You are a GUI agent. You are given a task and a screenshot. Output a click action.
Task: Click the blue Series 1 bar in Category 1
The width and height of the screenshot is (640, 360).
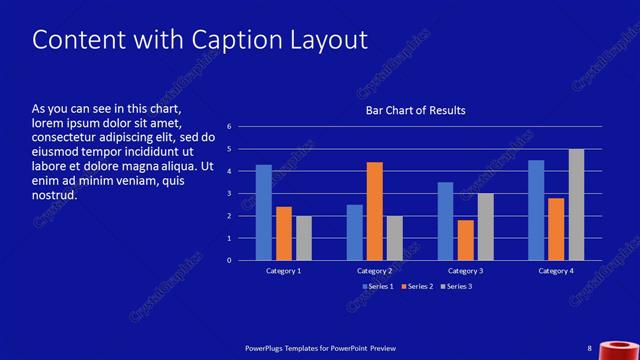pyautogui.click(x=264, y=212)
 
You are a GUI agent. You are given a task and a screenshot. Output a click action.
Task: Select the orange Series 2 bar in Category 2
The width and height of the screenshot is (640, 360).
pyautogui.click(x=375, y=211)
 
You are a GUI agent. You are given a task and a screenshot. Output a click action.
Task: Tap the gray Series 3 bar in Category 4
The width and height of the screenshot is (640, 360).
pyautogui.click(x=576, y=204)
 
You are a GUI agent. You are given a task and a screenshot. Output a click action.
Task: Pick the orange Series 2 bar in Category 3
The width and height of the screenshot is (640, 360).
pyautogui.click(x=465, y=240)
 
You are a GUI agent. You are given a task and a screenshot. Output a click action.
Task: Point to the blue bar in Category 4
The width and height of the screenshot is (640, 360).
pyautogui.click(x=536, y=210)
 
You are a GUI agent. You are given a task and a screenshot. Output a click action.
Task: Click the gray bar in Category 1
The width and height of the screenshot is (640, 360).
pyautogui.click(x=304, y=238)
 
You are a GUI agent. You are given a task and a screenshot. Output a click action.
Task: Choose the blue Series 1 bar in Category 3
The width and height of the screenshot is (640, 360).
pyautogui.click(x=445, y=221)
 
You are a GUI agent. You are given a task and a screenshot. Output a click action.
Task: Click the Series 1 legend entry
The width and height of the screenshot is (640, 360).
pyautogui.click(x=379, y=287)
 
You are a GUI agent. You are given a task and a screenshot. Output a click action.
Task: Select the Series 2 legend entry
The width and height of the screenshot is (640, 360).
pyautogui.click(x=419, y=287)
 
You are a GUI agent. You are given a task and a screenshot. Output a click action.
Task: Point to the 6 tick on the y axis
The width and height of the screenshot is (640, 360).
pyautogui.click(x=229, y=127)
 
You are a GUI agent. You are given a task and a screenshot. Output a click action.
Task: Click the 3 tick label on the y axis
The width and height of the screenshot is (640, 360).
pyautogui.click(x=229, y=194)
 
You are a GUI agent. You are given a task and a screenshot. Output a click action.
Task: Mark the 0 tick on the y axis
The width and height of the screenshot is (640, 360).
pyautogui.click(x=229, y=261)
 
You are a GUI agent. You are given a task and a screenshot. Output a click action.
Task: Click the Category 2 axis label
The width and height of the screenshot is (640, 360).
pyautogui.click(x=375, y=271)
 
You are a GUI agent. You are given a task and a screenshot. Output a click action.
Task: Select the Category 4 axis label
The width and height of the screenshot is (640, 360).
pyautogui.click(x=556, y=271)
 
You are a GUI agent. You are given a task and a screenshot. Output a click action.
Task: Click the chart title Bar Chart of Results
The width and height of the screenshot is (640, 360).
pyautogui.click(x=415, y=110)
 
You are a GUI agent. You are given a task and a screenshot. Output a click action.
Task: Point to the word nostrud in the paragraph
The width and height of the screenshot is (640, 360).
pyautogui.click(x=55, y=195)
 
